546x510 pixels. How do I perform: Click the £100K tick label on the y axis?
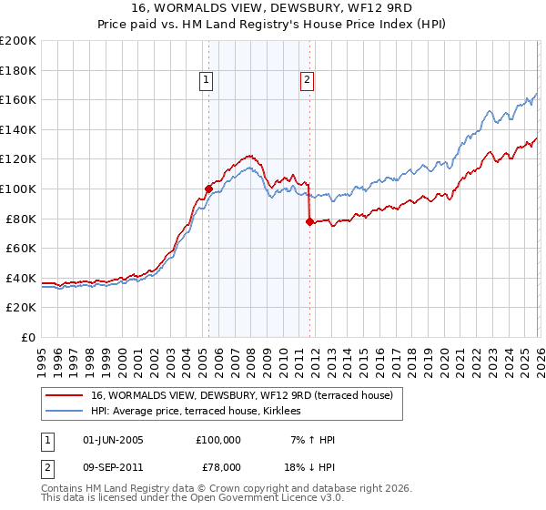(x=17, y=189)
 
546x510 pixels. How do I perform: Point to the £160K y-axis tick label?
(x=17, y=99)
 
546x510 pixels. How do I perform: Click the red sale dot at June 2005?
(x=208, y=189)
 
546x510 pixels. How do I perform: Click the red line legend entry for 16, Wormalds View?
(x=241, y=395)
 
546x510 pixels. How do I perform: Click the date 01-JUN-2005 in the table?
(x=113, y=440)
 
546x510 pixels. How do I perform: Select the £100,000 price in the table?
(x=218, y=440)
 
